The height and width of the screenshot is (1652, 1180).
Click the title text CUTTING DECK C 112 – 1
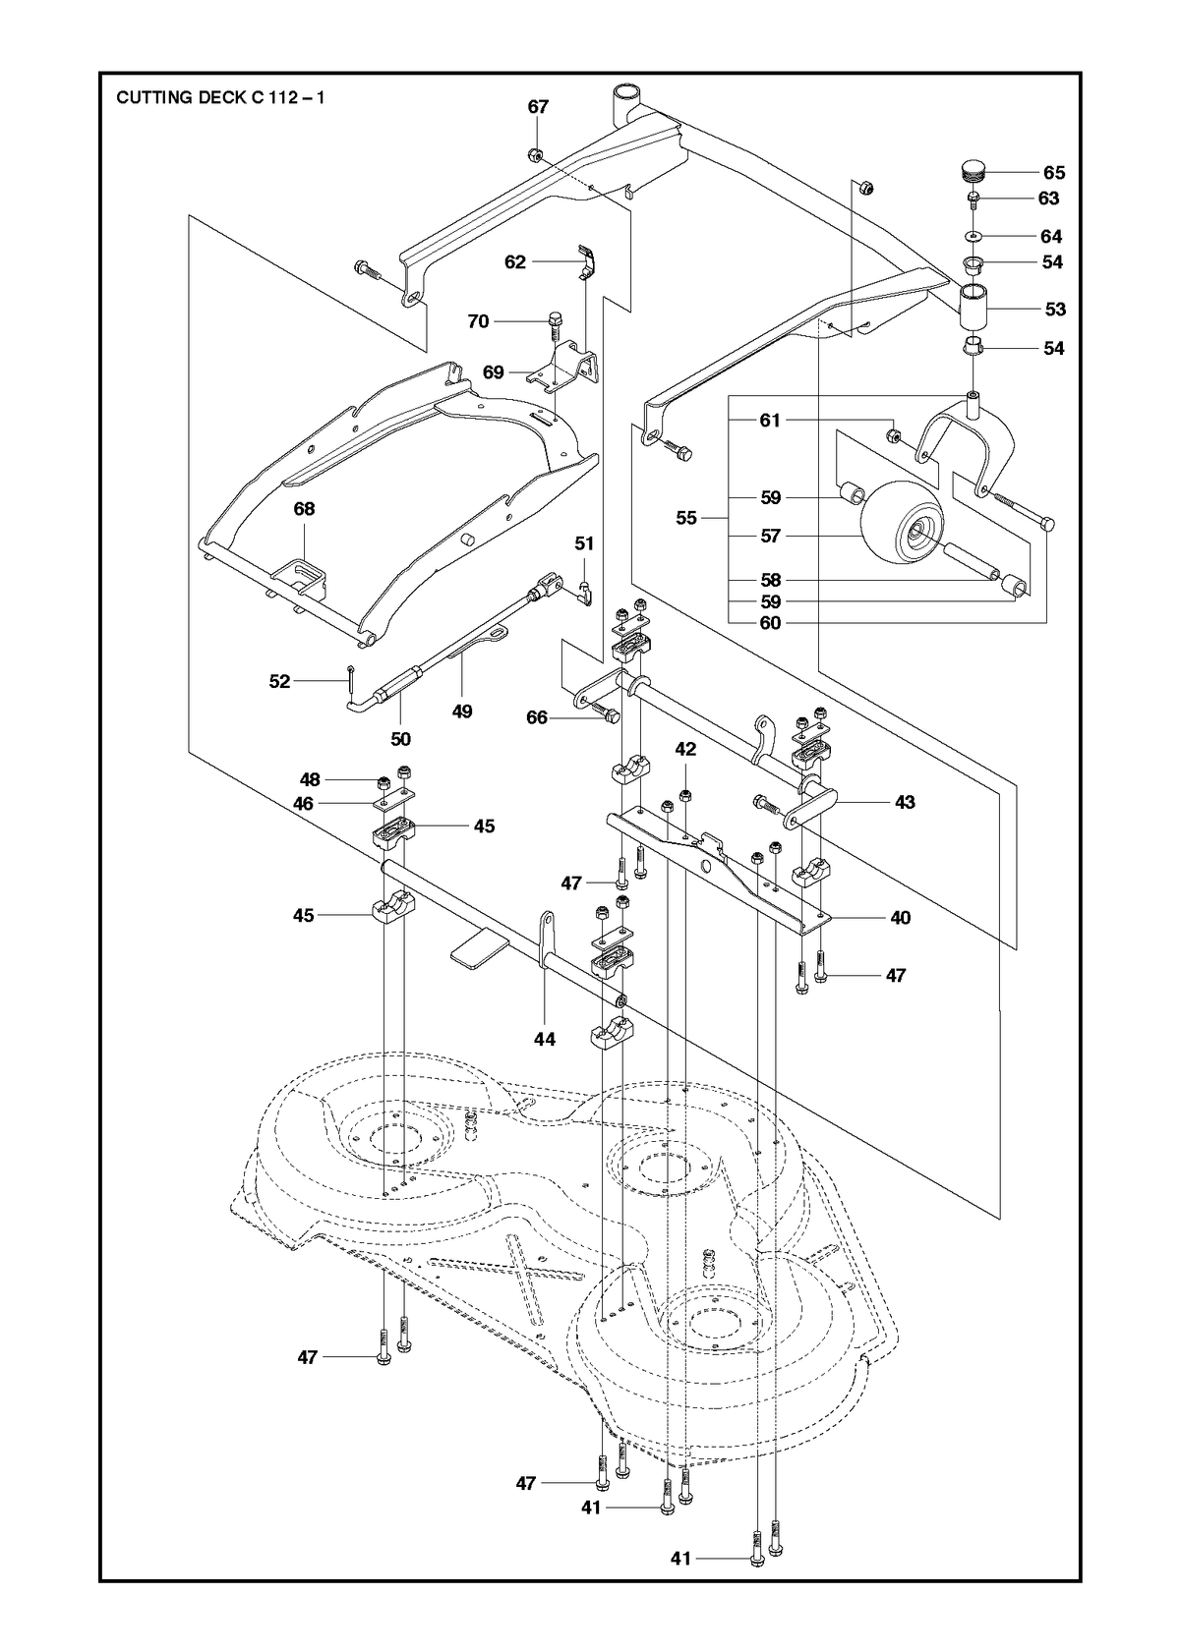[220, 98]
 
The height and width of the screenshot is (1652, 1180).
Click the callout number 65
[1054, 173]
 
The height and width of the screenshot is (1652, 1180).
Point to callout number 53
[1055, 309]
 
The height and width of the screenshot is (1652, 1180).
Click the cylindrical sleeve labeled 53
[973, 310]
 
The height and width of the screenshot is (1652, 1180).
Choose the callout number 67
[538, 107]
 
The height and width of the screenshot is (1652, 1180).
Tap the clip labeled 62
[587, 262]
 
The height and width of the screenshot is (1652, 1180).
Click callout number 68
[304, 509]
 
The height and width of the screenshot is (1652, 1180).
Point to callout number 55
[686, 519]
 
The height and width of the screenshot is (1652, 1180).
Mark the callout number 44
[545, 1039]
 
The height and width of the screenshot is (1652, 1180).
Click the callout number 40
[901, 918]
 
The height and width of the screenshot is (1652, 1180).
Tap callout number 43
[905, 802]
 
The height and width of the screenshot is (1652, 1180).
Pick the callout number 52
[279, 681]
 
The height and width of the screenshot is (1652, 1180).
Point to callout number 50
[401, 739]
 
